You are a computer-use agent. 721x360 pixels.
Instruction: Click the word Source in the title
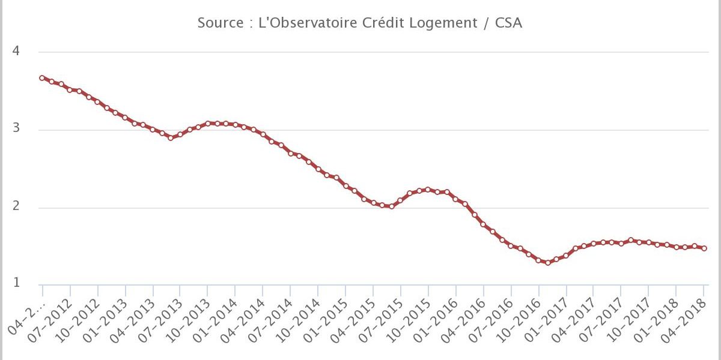coord(219,23)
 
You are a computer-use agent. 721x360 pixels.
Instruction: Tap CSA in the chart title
coord(510,23)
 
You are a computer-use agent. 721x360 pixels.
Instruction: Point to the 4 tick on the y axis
coord(16,52)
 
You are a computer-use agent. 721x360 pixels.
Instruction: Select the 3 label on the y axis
coord(16,129)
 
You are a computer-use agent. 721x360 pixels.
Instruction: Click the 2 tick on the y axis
coord(16,207)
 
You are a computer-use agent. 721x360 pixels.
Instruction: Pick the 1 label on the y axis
coord(16,283)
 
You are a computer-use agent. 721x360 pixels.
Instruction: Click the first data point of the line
coord(42,77)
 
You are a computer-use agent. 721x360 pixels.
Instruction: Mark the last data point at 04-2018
coord(704,248)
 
